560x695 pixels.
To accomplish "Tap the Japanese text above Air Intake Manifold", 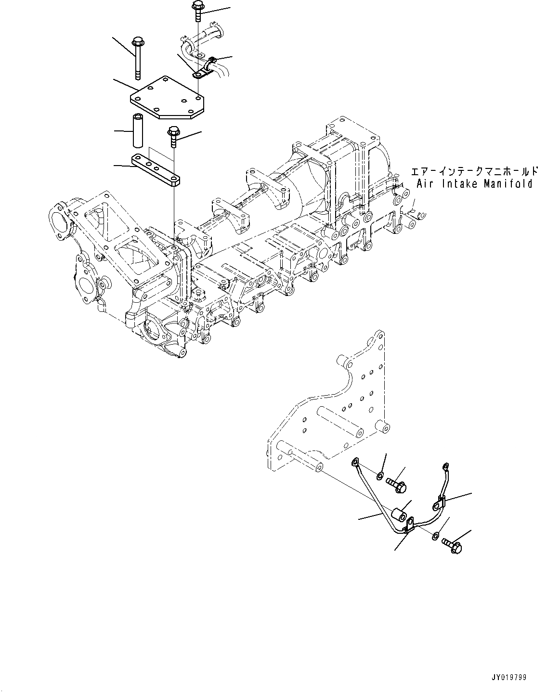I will [474, 171].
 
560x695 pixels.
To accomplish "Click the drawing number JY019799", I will [509, 677].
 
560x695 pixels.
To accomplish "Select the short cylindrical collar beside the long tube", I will [400, 515].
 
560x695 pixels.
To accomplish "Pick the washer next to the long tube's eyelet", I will [380, 476].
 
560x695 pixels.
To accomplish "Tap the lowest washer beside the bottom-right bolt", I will [435, 535].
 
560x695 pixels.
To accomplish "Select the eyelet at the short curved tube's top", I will [445, 465].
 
